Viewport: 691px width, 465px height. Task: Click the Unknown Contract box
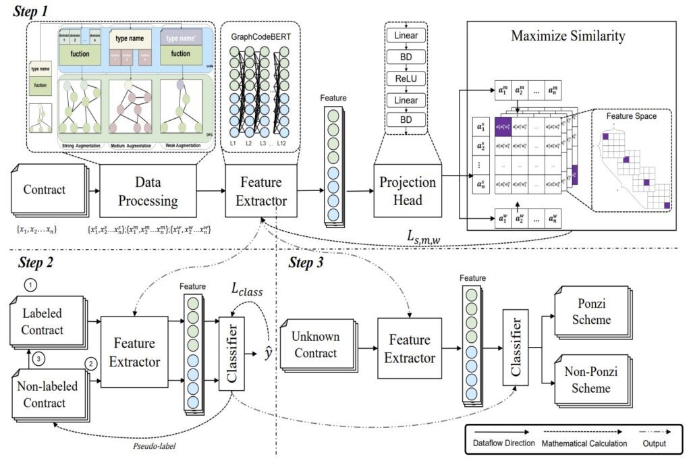314,344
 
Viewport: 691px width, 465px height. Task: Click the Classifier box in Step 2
231,354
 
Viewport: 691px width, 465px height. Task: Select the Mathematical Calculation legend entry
583,443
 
